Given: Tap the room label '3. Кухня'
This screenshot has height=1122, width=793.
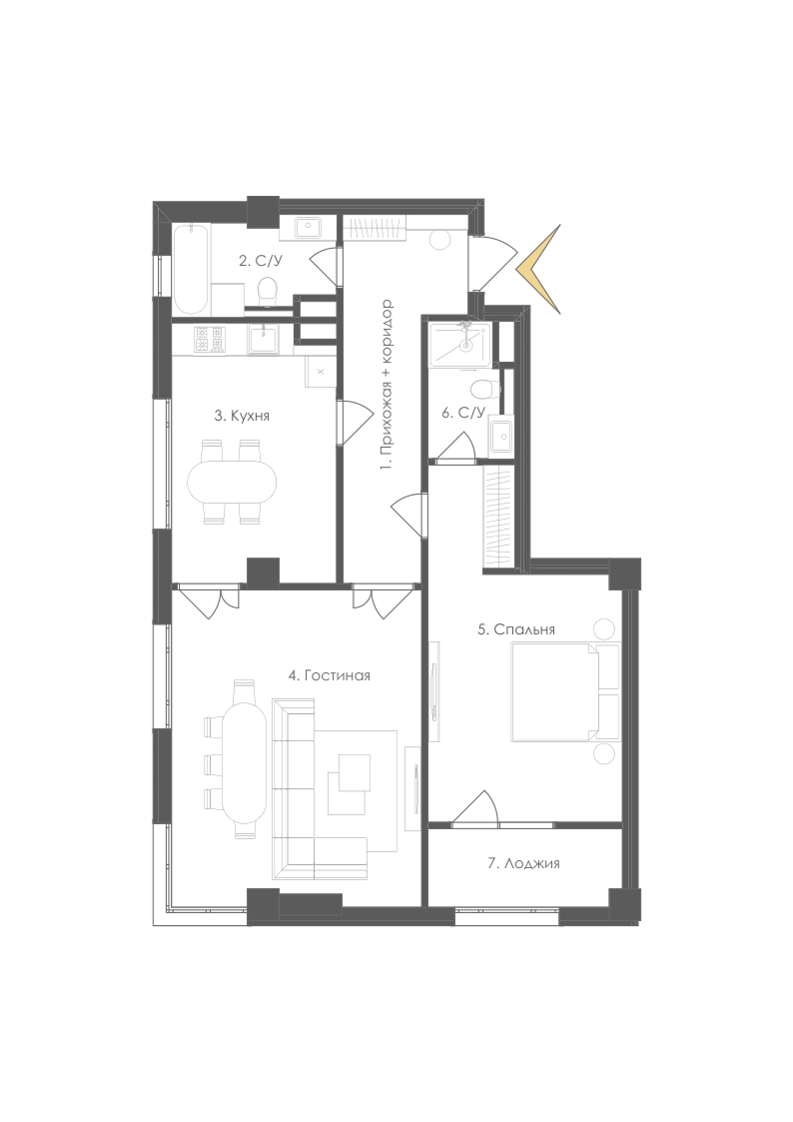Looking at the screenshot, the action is tap(242, 415).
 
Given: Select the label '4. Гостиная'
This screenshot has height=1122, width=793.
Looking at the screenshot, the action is tap(329, 674).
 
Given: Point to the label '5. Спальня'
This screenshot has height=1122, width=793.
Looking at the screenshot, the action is tap(516, 629).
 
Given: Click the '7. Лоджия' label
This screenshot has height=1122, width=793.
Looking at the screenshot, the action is tap(523, 863).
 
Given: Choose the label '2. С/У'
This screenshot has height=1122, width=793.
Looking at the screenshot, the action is tap(261, 261).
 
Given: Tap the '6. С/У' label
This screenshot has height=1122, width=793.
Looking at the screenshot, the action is tap(463, 413).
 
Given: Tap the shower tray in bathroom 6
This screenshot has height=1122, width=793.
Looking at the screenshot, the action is tap(459, 346).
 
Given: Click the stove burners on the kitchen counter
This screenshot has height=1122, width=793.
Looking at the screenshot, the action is tap(209, 339).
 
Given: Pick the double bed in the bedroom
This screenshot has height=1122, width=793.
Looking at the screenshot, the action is tap(555, 691).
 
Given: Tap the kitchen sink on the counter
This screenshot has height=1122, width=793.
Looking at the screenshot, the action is tap(264, 339).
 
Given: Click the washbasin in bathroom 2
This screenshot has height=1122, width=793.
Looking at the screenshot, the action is tap(310, 228).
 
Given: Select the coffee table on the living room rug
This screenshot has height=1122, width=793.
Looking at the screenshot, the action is tap(355, 772).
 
